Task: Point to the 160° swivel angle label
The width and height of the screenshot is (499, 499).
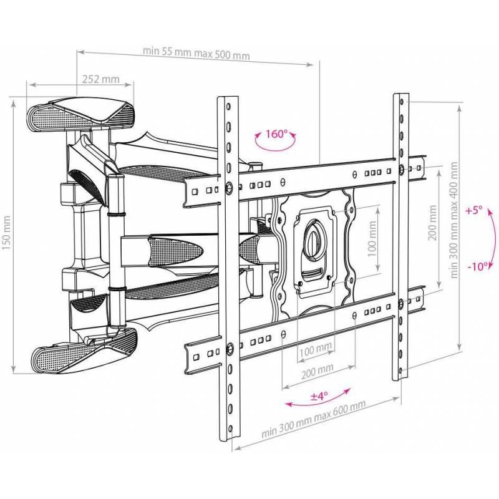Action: tap(276, 133)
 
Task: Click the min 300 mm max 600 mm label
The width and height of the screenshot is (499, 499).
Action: tap(314, 418)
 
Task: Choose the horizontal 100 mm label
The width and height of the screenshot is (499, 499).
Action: tap(316, 351)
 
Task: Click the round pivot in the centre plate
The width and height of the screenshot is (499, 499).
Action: tap(314, 238)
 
